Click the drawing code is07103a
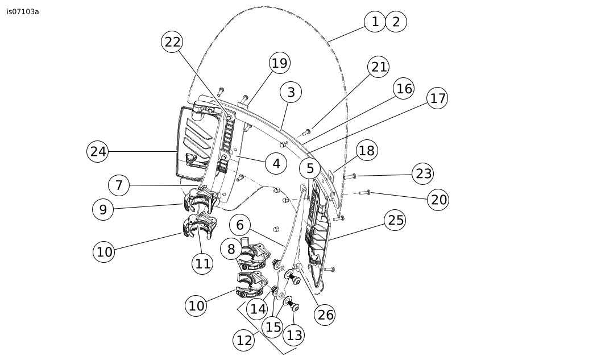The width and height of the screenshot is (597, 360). tap(23, 11)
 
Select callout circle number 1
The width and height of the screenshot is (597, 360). tap(375, 22)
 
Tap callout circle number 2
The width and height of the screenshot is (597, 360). tap(396, 22)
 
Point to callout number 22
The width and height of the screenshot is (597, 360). tap(172, 42)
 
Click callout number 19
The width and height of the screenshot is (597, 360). tap(279, 63)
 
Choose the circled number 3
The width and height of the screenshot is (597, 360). tap(291, 92)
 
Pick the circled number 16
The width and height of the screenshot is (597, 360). tap(404, 89)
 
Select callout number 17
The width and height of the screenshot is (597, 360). tap(437, 98)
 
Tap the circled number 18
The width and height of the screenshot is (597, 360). tap(367, 151)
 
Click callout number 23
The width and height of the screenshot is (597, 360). tap(423, 173)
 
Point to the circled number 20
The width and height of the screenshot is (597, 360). tap(438, 200)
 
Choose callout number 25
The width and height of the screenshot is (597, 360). tap(395, 220)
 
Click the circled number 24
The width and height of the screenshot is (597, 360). tap(98, 151)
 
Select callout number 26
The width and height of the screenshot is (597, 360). tap(325, 315)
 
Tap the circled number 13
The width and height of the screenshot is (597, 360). tap(294, 335)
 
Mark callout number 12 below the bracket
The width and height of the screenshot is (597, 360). tap(243, 340)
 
